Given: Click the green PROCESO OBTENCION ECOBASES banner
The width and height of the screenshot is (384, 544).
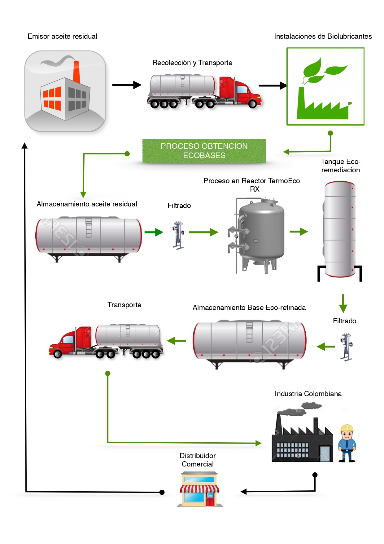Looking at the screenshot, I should (204, 151).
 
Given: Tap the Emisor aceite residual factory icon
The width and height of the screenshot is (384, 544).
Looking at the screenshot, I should (65, 91).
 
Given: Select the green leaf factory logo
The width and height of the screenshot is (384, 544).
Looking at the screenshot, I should (325, 86).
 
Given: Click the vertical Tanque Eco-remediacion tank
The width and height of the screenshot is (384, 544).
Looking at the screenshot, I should (339, 229).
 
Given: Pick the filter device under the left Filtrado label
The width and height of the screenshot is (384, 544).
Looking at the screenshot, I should (178, 235).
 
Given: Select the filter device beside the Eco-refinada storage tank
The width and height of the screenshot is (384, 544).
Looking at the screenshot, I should (346, 347).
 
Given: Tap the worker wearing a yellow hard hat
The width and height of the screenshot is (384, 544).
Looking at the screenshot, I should (347, 443).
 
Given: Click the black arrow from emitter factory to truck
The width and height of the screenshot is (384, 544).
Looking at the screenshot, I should (126, 85).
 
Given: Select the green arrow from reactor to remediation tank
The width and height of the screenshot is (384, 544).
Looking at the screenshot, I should (299, 232).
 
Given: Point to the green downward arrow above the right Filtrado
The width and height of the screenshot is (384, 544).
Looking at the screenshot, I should (343, 303).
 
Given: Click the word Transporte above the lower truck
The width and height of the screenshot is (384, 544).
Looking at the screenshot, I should (124, 305).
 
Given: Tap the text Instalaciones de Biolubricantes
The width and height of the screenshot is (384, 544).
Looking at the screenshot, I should (323, 36).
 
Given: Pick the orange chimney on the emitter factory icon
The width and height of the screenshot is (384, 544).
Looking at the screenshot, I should (76, 71).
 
